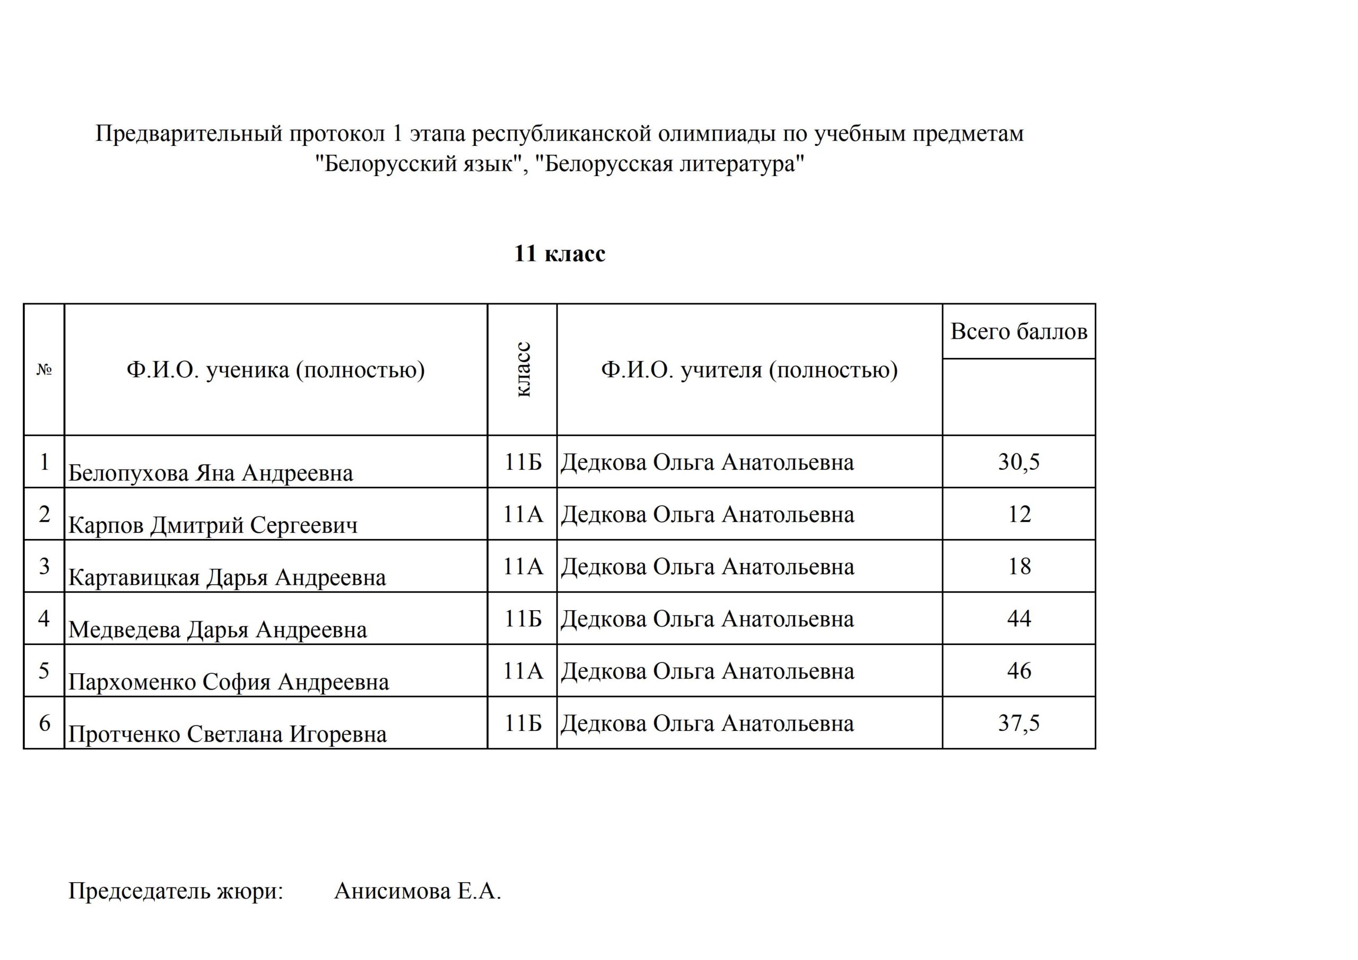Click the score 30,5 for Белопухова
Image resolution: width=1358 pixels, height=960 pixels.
(1019, 462)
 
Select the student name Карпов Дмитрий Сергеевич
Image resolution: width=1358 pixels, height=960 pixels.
(213, 525)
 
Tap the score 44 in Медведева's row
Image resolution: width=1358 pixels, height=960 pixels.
(1019, 618)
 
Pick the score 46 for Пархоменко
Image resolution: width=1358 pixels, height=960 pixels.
(1019, 671)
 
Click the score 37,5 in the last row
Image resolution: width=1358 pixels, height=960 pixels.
(1019, 723)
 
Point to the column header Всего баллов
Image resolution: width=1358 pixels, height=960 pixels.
(1019, 332)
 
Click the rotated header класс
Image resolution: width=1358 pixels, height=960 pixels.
(523, 369)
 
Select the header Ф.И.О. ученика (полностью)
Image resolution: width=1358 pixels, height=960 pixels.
(276, 370)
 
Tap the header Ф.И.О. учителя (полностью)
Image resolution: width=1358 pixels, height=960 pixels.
(750, 370)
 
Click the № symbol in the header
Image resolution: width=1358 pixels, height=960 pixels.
(45, 370)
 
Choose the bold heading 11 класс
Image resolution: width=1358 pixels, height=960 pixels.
(560, 253)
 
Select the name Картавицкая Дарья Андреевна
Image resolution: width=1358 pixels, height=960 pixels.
(227, 577)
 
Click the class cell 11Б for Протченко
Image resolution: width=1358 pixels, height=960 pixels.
(523, 723)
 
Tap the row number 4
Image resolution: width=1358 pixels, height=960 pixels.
(45, 618)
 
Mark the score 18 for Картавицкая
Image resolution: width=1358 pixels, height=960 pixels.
(1019, 566)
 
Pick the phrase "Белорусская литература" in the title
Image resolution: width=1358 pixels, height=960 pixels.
(669, 163)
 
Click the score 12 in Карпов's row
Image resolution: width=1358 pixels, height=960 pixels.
(1019, 514)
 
